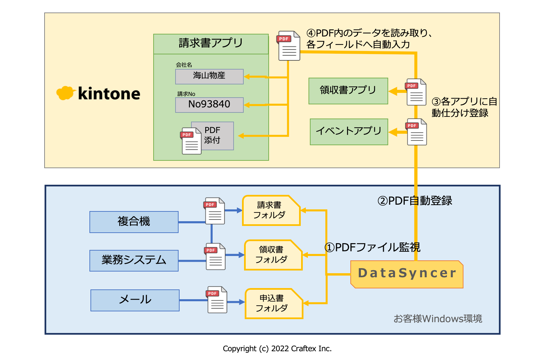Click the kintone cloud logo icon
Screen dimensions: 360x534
pos(65,93)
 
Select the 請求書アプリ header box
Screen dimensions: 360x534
pos(211,44)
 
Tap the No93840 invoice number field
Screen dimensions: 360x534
pos(209,105)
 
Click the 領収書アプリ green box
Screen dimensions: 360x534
pos(348,91)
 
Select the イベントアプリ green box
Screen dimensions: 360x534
pos(349,132)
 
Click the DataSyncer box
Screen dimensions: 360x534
pos(407,274)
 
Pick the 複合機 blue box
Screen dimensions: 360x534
pos(134,222)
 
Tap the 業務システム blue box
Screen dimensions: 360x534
pos(134,260)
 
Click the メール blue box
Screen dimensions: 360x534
pos(135,300)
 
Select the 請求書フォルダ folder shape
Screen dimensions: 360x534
pos(271,210)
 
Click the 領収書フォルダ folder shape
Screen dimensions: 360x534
pos(273,255)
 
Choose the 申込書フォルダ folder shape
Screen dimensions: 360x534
pos(273,303)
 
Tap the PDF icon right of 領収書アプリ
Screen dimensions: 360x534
pos(416,92)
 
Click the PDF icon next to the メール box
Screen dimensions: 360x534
pos(217,300)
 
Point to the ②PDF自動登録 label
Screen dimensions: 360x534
pos(415,201)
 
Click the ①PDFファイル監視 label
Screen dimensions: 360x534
pos(372,247)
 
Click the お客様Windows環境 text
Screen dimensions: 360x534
pos(437,318)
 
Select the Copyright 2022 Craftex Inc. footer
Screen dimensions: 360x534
pos(277,349)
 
